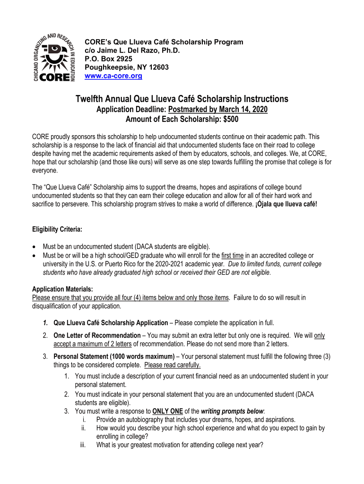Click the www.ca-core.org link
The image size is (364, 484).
(x=113, y=76)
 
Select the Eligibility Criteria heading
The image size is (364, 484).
(x=57, y=230)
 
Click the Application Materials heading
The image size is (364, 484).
(x=62, y=289)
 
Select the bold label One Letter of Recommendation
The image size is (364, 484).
(x=90, y=336)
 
